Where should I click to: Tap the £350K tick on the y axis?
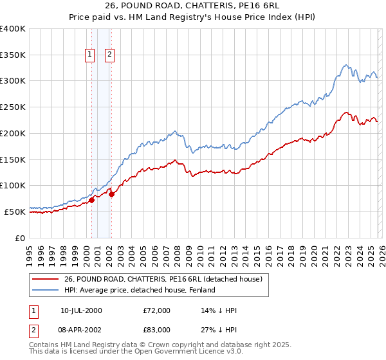(13, 55)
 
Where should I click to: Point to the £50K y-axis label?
(15, 212)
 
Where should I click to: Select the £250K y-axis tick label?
(13, 107)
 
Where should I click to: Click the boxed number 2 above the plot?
(110, 55)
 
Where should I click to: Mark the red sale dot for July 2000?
(91, 200)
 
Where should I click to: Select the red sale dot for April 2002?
(111, 194)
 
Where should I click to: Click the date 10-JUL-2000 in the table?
(81, 310)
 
